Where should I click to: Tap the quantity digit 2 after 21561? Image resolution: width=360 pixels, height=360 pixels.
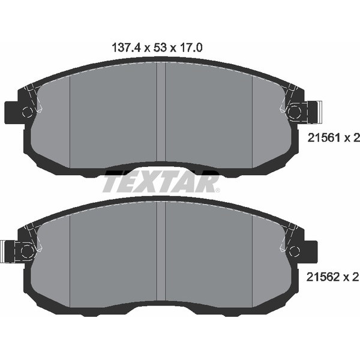pyautogui.click(x=356, y=138)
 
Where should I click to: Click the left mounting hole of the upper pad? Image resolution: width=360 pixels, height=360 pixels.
pyautogui.click(x=27, y=112)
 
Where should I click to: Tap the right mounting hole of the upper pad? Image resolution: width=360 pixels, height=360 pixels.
pyautogui.click(x=294, y=112)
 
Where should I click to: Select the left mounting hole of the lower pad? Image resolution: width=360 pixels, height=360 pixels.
pyautogui.click(x=27, y=250)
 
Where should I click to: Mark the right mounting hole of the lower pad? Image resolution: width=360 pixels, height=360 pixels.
pyautogui.click(x=294, y=250)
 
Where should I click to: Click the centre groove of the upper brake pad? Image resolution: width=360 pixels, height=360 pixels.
pyautogui.click(x=161, y=114)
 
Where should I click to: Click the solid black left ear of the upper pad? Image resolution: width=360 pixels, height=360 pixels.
pyautogui.click(x=11, y=112)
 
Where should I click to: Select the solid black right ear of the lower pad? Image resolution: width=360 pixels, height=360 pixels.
pyautogui.click(x=310, y=250)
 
